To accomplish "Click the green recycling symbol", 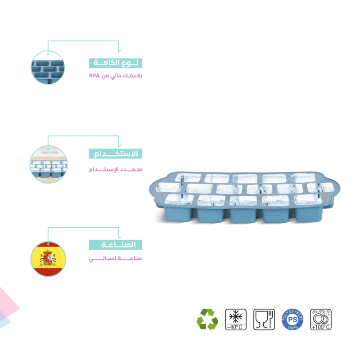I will (x=207, y=319).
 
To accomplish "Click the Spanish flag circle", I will (x=48, y=259).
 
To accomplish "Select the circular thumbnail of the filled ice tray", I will (x=48, y=163).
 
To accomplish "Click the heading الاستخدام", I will (x=115, y=154).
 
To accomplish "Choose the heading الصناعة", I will (x=115, y=245).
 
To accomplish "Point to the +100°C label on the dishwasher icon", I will (x=321, y=327).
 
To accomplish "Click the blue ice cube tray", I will (x=243, y=198).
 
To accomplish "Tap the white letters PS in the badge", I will (x=292, y=318).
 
